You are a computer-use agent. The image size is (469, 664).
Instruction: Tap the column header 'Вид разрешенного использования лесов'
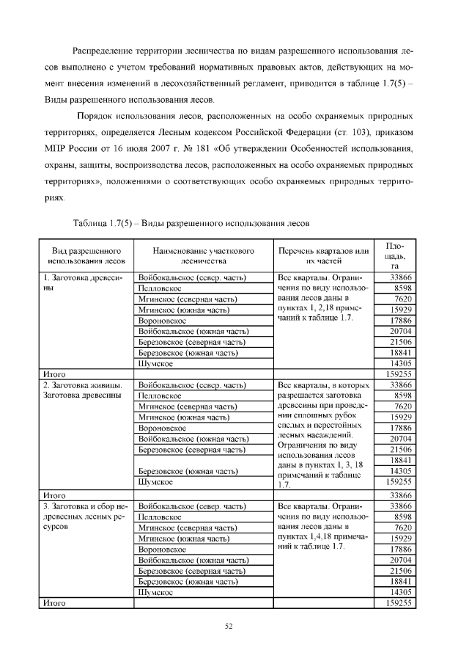pos(86,255)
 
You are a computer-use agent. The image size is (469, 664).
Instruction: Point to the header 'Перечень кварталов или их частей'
pos(323,255)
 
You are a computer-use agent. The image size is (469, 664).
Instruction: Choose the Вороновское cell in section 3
pos(162,548)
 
